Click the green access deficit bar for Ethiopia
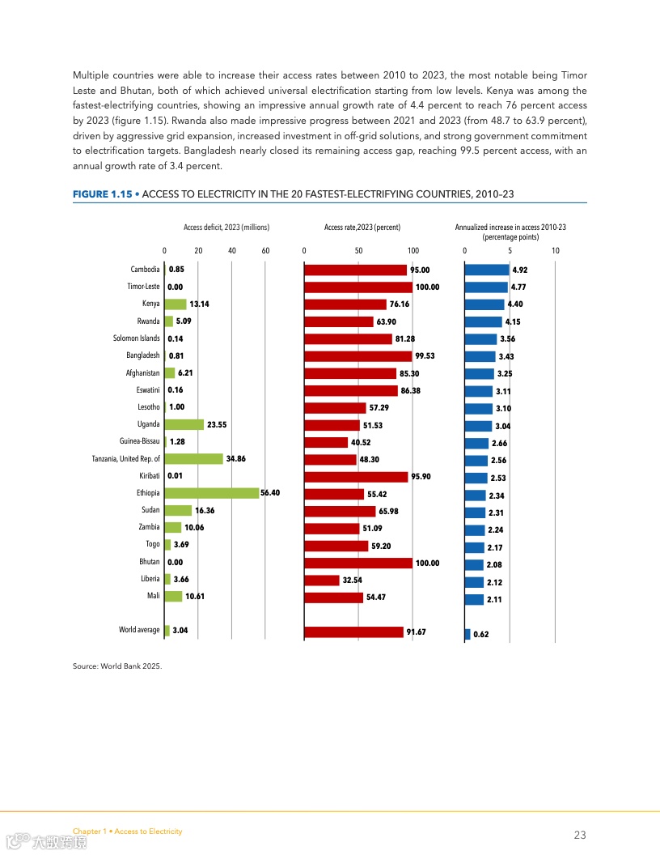(x=212, y=493)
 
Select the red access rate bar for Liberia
(x=322, y=580)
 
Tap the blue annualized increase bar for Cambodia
(x=487, y=270)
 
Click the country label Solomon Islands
(x=137, y=338)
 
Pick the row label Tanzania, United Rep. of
(x=126, y=459)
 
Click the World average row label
(x=139, y=630)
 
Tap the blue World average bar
(x=467, y=634)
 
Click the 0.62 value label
(x=481, y=635)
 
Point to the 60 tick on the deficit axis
(x=265, y=251)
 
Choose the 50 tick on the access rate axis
(x=358, y=251)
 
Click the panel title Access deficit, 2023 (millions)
(x=226, y=228)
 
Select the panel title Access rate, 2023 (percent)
(x=362, y=228)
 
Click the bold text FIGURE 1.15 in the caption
(x=102, y=194)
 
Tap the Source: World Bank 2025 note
(x=117, y=666)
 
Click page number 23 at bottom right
(x=580, y=835)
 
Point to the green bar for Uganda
(x=184, y=424)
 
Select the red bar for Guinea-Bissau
(x=326, y=442)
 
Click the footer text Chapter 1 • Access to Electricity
(x=128, y=832)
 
